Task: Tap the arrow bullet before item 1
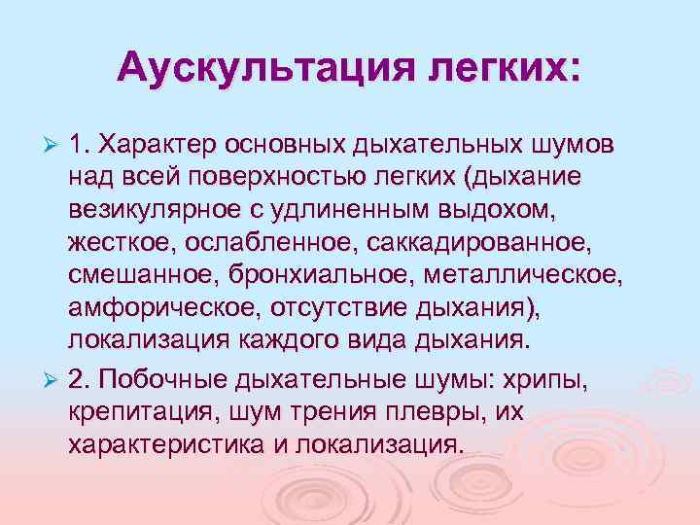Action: (54, 145)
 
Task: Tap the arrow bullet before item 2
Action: (54, 377)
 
